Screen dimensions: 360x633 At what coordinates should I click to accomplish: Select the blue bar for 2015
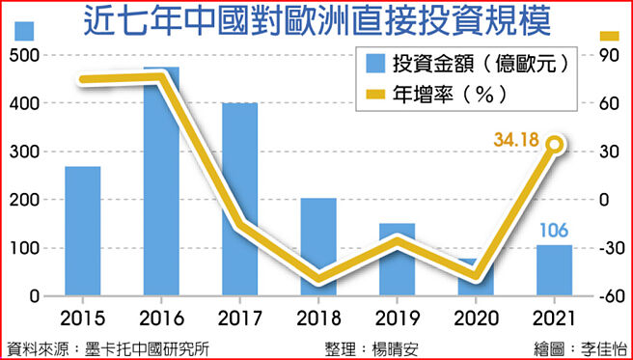[x=82, y=232]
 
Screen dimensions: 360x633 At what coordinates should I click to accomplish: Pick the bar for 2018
[x=318, y=247]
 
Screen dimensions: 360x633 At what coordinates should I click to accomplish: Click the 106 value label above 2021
[x=554, y=232]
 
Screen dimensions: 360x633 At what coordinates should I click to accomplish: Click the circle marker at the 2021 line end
[x=554, y=146]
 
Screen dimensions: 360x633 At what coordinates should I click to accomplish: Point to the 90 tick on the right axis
[x=608, y=56]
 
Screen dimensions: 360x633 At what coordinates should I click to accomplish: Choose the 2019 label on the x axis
[x=397, y=319]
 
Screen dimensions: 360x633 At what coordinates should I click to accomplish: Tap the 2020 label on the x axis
[x=476, y=319]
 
